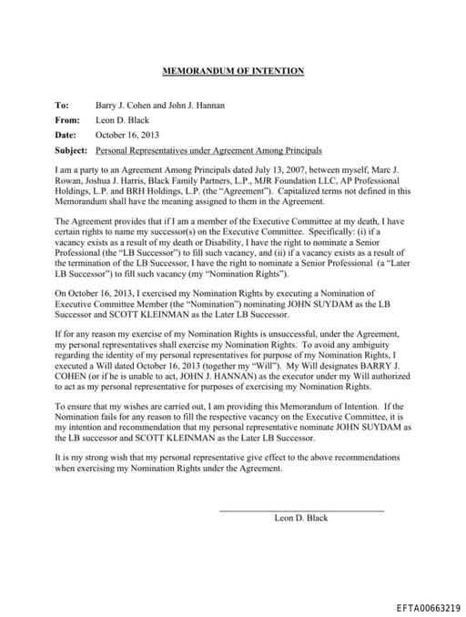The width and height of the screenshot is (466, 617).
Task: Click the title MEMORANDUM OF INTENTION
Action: pyautogui.click(x=233, y=71)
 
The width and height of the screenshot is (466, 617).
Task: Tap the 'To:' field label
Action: pyautogui.click(x=62, y=106)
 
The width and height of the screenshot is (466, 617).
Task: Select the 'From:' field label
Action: pyautogui.click(x=67, y=120)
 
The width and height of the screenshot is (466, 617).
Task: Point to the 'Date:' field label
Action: pyautogui.click(x=66, y=135)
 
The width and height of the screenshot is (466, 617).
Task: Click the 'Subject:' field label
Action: pyautogui.click(x=71, y=149)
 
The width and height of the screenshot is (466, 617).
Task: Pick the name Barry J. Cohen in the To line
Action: pyautogui.click(x=123, y=106)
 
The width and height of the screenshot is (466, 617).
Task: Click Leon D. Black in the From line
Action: pyautogui.click(x=122, y=120)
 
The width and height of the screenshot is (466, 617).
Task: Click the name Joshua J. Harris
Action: pyautogui.click(x=111, y=182)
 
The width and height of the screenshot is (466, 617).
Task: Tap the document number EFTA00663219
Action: pyautogui.click(x=428, y=606)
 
